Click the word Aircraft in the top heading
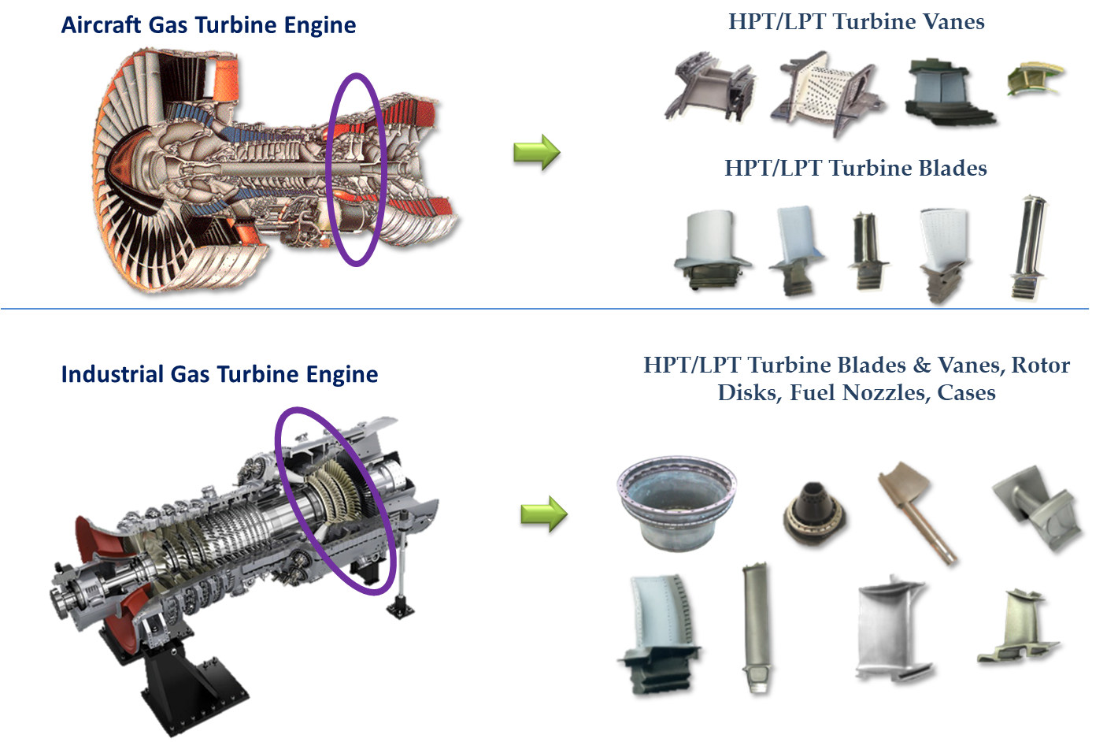(102, 25)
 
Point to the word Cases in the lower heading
(966, 393)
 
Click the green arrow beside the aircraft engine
(537, 152)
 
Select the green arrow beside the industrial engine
(544, 514)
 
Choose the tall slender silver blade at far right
(1029, 247)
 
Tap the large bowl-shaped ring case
(677, 503)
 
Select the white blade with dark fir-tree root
(660, 634)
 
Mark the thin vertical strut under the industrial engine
(402, 574)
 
